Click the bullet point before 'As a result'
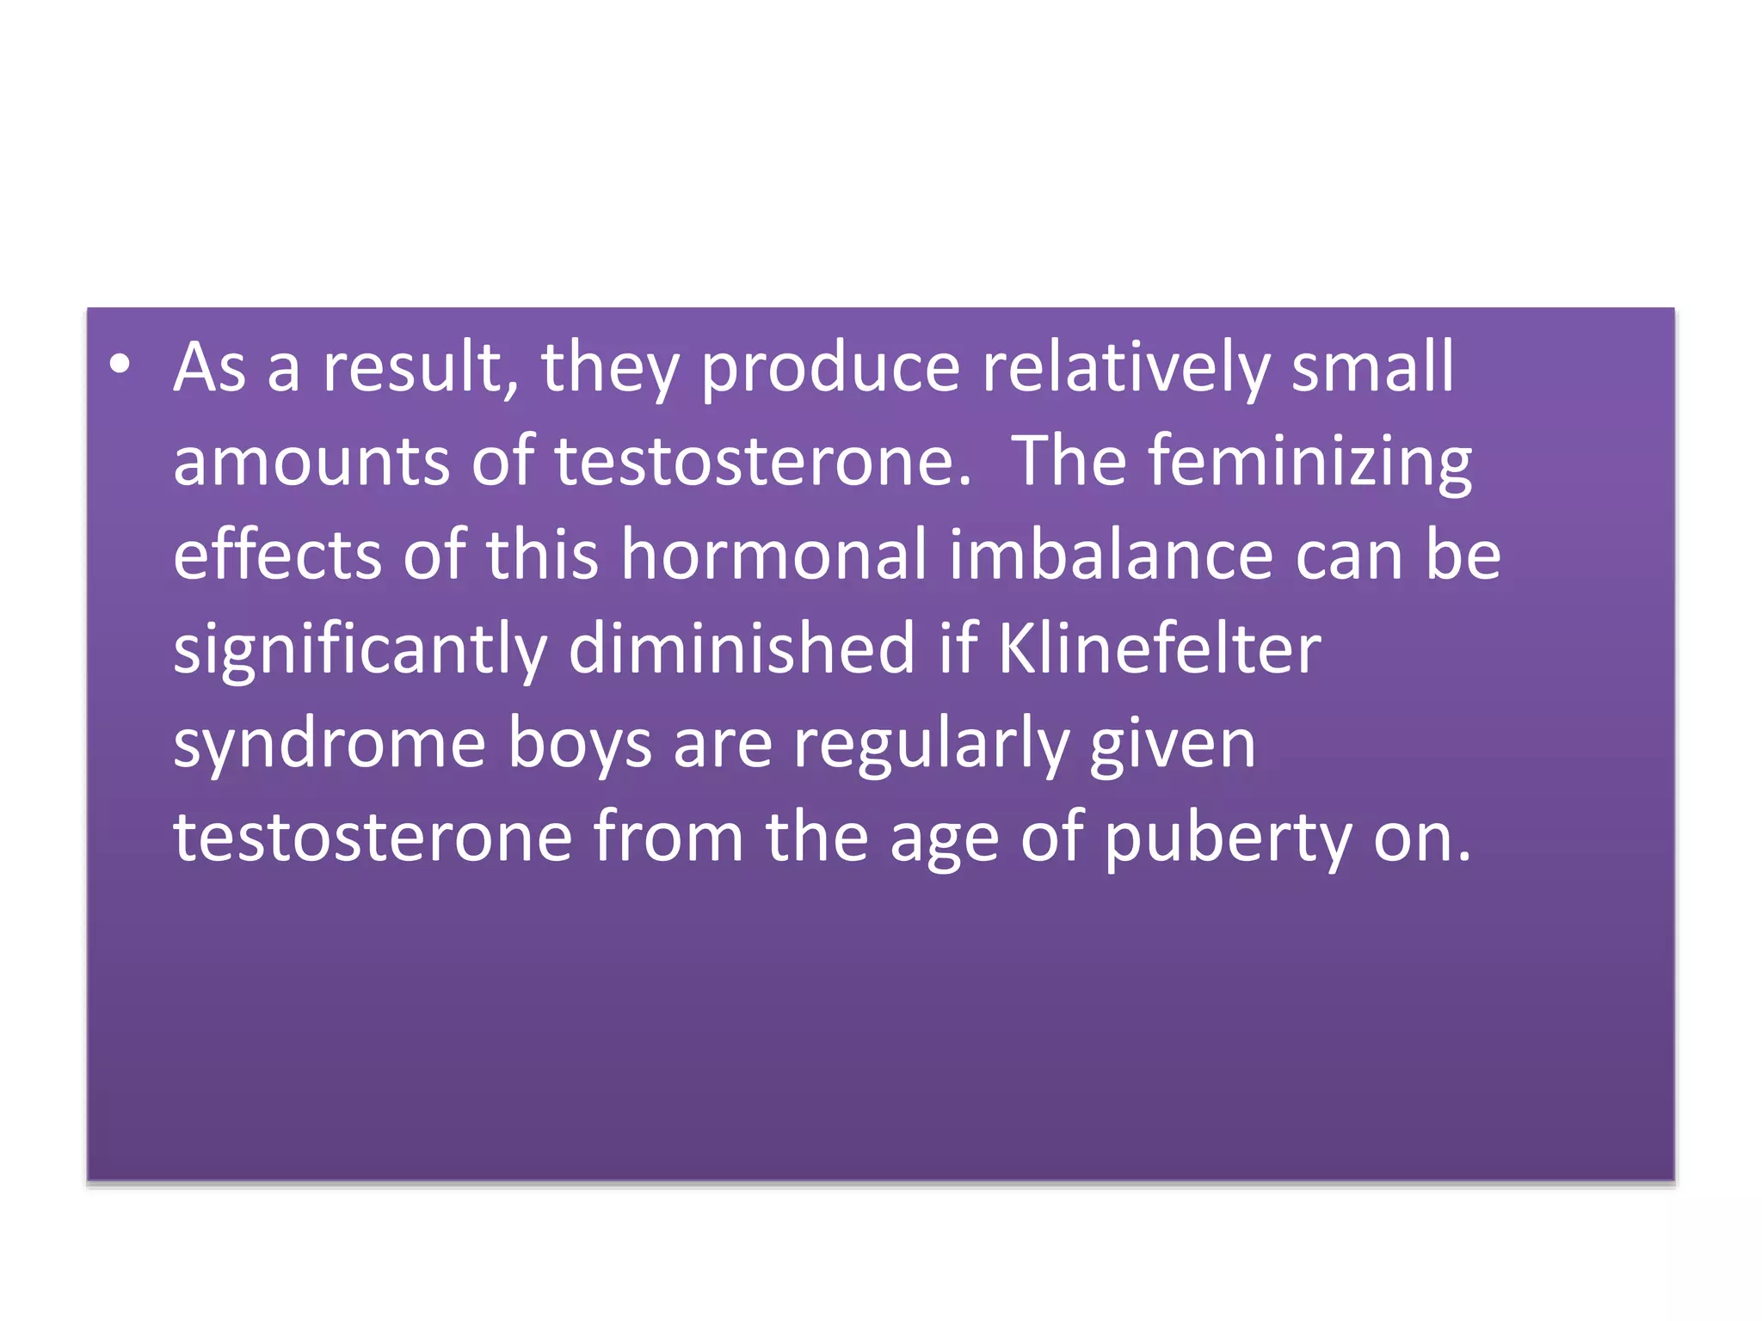click(120, 365)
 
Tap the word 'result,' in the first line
click(421, 368)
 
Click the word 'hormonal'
click(773, 555)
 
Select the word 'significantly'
click(360, 651)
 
